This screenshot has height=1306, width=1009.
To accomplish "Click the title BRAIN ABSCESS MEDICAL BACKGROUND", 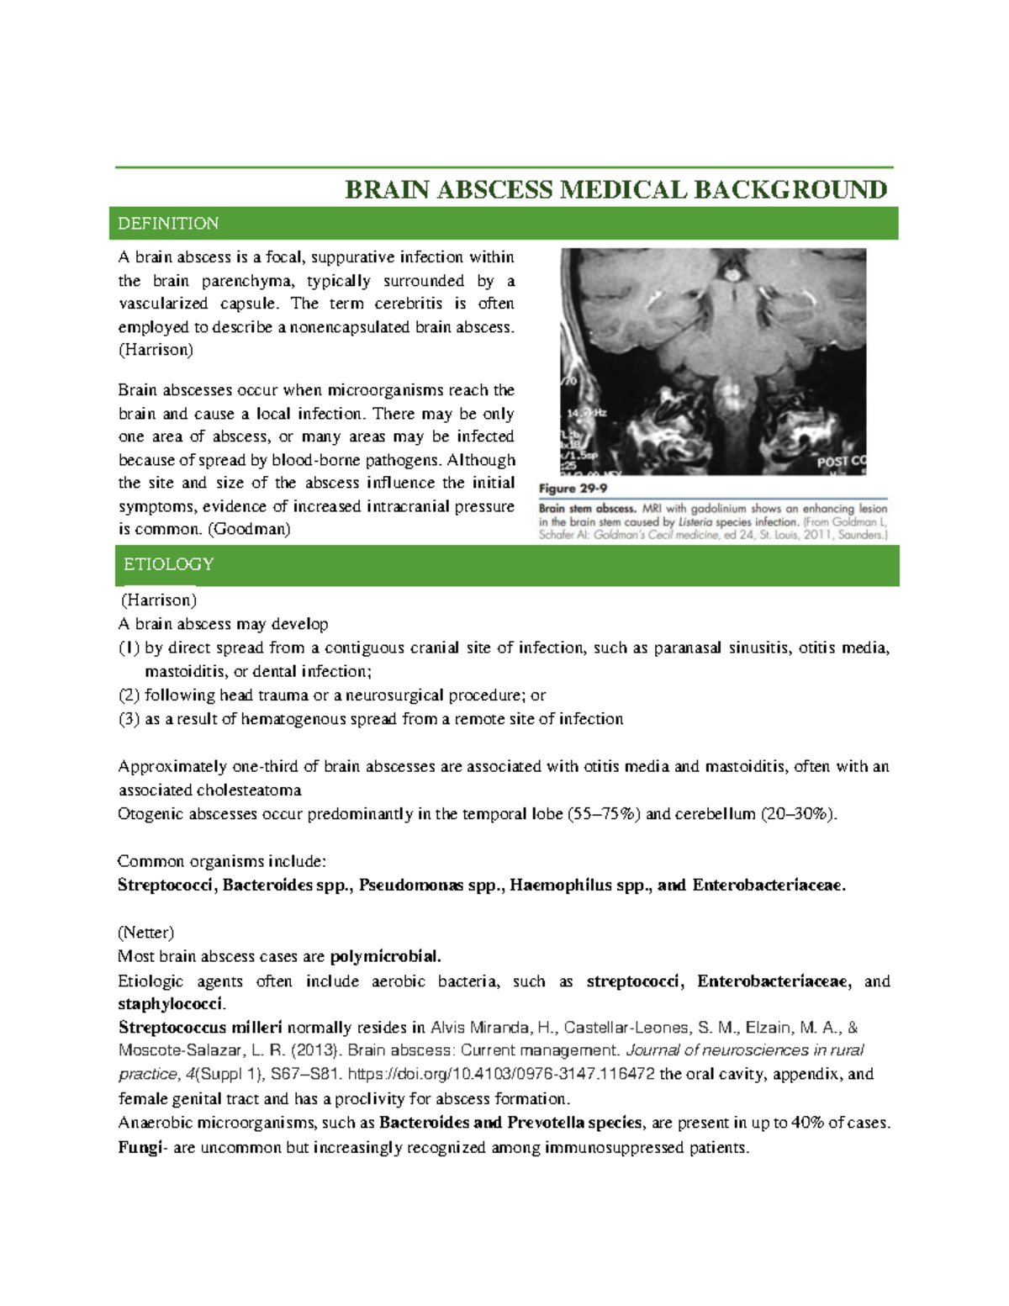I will [615, 190].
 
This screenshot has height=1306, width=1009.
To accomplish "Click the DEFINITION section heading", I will [168, 224].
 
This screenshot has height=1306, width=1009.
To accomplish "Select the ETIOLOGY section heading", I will [168, 564].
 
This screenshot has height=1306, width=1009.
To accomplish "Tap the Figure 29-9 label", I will [573, 489].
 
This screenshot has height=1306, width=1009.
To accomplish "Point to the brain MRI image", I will [713, 362].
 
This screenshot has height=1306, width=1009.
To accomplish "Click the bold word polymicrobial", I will [385, 956].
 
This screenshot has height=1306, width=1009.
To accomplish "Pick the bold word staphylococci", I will [172, 1004].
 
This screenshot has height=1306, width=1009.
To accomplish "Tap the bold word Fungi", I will [139, 1148].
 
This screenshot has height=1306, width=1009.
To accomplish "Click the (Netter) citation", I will [146, 933].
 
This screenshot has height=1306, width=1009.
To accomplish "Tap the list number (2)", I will [129, 695].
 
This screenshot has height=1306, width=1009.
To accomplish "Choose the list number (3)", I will [129, 719].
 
